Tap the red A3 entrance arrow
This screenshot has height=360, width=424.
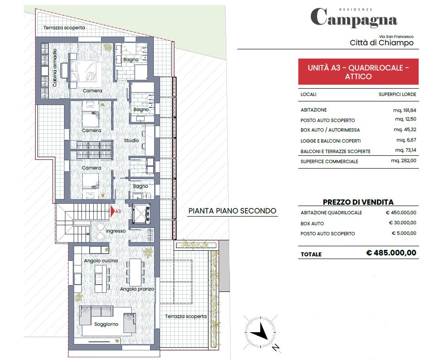click(113, 211)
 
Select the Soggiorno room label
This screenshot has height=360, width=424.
click(106, 324)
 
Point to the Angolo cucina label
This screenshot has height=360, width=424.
click(101, 260)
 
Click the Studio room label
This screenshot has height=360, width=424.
click(131, 140)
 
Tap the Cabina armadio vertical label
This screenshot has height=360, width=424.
click(54, 68)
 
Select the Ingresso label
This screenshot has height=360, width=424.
click(116, 231)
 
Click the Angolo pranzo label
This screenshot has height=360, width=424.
click(137, 289)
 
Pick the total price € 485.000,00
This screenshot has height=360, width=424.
click(391, 253)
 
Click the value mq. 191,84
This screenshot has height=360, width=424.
click(404, 110)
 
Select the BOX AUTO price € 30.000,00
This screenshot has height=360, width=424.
click(403, 223)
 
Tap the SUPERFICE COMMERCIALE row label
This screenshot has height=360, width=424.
click(329, 162)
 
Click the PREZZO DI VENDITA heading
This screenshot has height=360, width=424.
click(358, 202)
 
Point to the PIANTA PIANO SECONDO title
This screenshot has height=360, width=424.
click(232, 211)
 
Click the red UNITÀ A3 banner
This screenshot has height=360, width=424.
click(358, 72)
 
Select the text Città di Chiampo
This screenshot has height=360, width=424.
click(381, 42)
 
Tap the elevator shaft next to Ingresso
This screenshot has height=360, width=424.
click(141, 214)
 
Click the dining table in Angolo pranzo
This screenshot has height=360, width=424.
click(135, 272)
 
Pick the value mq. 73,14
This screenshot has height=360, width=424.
click(406, 150)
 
